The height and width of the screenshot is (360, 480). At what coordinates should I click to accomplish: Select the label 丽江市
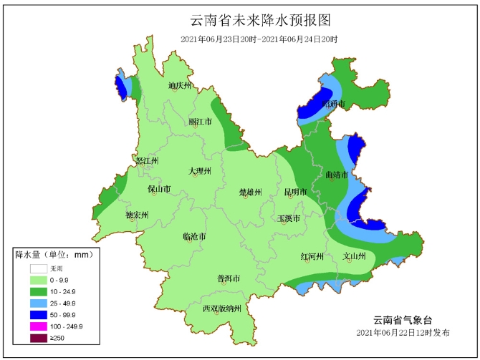pos(200,122)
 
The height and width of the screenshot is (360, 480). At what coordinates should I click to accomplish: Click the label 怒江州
pos(146,161)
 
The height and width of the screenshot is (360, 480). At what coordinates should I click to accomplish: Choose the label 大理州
pos(200,171)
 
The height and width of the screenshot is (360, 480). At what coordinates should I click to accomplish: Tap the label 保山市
pos(158,190)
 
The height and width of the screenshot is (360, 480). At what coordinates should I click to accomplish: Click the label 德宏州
pos(136,215)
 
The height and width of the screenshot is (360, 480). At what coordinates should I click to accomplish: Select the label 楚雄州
pos(250,192)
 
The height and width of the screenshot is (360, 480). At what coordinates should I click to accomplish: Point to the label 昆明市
pos(295,192)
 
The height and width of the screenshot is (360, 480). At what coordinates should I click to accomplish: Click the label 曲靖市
pos(336,175)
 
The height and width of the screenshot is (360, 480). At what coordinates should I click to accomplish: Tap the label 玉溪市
pos(288,218)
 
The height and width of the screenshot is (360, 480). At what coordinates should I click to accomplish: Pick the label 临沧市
pos(194,236)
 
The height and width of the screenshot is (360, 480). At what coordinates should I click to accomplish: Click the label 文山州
pos(355,256)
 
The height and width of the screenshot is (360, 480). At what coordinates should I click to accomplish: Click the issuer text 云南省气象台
pos(403,320)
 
